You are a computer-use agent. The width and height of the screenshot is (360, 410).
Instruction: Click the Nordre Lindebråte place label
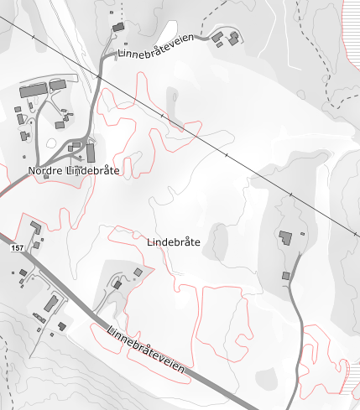[x=74, y=171]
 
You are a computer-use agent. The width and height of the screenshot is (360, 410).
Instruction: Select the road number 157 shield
[x=18, y=248]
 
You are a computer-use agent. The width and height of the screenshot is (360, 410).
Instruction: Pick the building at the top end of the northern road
[x=118, y=28]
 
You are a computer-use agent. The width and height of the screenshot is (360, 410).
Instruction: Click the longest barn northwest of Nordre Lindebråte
[x=34, y=89]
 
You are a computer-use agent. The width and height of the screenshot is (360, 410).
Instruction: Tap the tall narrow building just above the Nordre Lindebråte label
[x=91, y=153]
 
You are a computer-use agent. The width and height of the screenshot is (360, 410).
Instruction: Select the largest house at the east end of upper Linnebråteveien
[x=232, y=39]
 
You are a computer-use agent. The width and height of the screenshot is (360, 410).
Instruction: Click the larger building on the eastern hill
[x=286, y=237]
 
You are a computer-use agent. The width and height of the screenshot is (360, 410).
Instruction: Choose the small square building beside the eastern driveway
[x=285, y=275]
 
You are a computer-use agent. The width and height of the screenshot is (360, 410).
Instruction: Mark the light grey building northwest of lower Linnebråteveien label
[x=138, y=272]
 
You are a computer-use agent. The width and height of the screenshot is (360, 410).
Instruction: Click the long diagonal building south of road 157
[x=50, y=304]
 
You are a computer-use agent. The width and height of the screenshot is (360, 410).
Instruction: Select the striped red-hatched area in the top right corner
[x=350, y=34]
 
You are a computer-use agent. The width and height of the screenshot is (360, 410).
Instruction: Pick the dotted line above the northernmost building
[x=121, y=10]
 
